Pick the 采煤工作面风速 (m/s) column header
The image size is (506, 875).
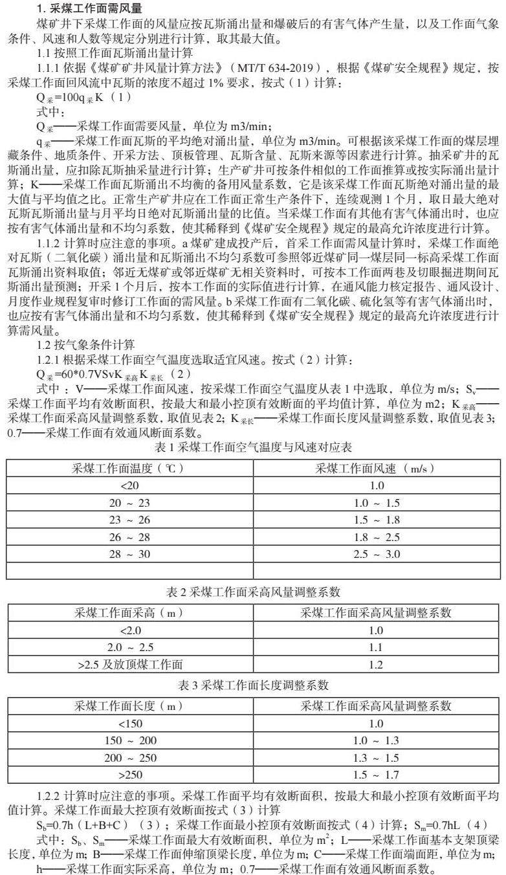click(x=375, y=468)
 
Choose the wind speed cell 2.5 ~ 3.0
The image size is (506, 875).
click(x=375, y=554)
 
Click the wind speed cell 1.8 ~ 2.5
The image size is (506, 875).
click(x=375, y=537)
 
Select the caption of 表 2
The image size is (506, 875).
click(x=252, y=592)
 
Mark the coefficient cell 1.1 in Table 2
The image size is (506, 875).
click(x=375, y=647)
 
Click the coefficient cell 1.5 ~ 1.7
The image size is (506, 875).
click(x=375, y=774)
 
